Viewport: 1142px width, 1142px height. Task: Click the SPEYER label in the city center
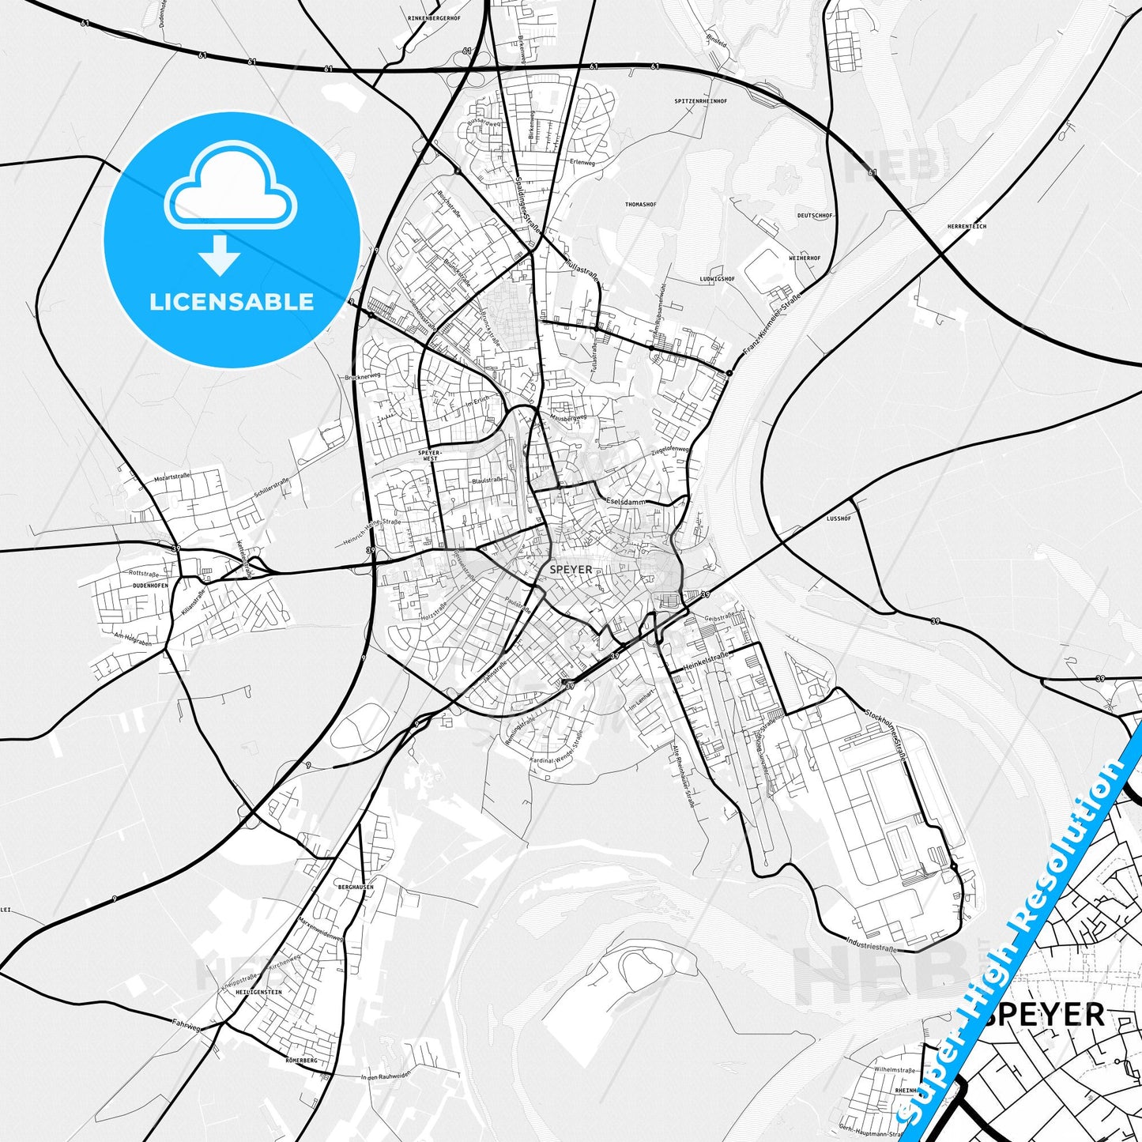[570, 569]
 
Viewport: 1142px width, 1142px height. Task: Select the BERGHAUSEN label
[355, 887]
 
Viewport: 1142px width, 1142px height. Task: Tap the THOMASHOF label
[640, 205]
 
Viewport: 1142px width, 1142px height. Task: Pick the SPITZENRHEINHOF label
[701, 101]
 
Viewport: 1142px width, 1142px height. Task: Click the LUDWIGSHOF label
[717, 279]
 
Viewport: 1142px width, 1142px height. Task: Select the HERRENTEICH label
[967, 227]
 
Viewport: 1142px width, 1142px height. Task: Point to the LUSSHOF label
[838, 519]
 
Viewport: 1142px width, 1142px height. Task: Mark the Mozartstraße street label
[173, 479]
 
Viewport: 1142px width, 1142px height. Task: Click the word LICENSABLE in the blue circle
[232, 301]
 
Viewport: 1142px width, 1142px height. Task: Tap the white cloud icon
[230, 192]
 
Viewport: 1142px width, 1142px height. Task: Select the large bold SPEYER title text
[1045, 1014]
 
